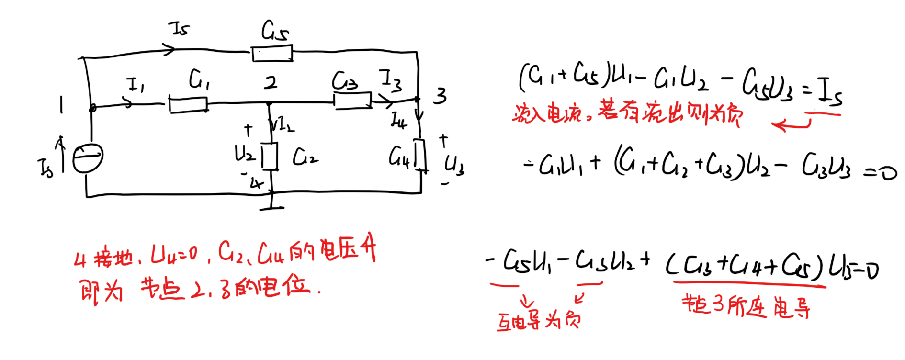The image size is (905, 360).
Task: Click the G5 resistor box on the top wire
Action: point(272,53)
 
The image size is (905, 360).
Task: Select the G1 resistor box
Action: point(188,104)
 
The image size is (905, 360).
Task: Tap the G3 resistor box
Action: point(352,101)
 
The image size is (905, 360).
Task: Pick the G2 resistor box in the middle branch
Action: point(270,156)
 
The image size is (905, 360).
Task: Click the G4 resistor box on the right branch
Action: point(420,155)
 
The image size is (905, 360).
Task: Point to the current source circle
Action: point(88,158)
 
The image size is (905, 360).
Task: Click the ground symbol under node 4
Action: point(271,207)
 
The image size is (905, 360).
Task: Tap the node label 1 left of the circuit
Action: point(61,105)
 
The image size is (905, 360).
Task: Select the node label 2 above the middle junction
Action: point(271,83)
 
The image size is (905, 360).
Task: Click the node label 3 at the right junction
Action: point(440,96)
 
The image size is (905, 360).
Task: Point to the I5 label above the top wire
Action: point(181,28)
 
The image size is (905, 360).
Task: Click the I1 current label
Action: point(136,85)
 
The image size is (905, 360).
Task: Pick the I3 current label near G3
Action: point(390,80)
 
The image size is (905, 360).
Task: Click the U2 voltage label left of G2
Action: point(244,154)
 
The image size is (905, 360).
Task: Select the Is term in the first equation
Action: point(829,91)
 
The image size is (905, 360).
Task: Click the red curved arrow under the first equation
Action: point(791,125)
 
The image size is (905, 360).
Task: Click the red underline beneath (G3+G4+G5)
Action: point(749,285)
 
